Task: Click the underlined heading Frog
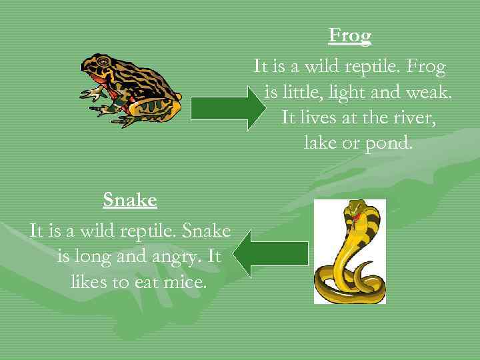pos(350,35)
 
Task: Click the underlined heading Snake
pos(130,199)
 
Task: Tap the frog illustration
pos(131,91)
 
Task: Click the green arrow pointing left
pos(273,253)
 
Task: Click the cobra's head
pos(354,213)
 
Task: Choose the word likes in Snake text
pos(91,282)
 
